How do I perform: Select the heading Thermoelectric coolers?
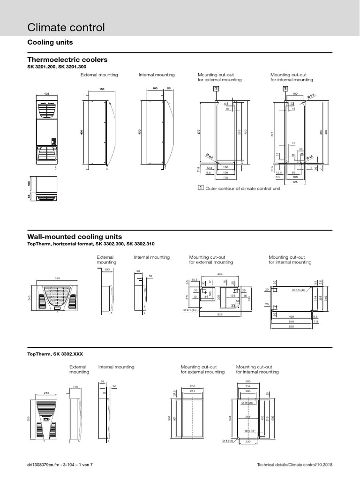click(67, 60)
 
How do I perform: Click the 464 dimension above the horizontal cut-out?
click(220, 274)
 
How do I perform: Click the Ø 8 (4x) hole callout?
click(228, 441)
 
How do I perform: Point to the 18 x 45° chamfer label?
click(249, 431)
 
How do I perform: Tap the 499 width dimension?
click(292, 316)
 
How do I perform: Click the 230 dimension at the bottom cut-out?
click(248, 441)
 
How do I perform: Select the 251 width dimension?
click(192, 390)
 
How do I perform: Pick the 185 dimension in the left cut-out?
click(205, 297)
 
